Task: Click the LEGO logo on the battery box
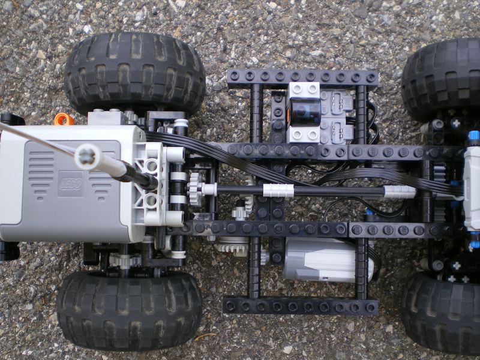(x=70, y=184)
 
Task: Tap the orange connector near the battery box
(x=64, y=119)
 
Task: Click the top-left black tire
(x=134, y=73)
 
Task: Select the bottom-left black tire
(x=130, y=310)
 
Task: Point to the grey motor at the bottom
(x=328, y=260)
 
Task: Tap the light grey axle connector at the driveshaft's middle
(x=278, y=190)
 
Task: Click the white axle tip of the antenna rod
(x=88, y=157)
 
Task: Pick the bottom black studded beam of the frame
(x=300, y=306)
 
